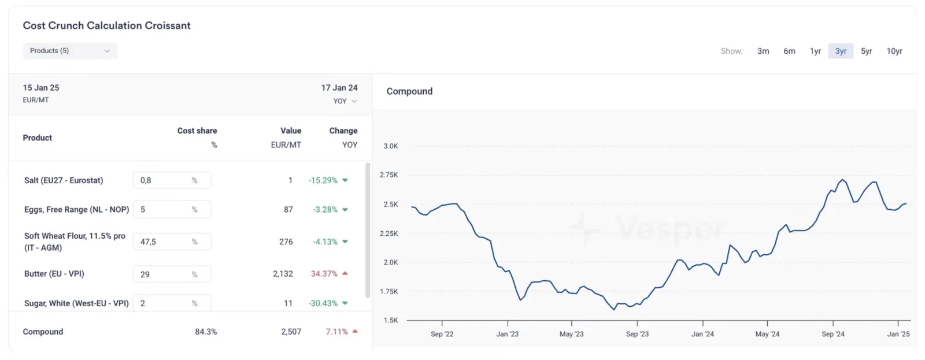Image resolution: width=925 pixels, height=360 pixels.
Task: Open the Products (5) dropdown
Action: tap(70, 51)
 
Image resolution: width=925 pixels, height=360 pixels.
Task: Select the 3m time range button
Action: tap(763, 51)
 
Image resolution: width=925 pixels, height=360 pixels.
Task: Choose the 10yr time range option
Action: tap(894, 51)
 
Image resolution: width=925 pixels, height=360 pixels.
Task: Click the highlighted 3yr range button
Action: tap(841, 51)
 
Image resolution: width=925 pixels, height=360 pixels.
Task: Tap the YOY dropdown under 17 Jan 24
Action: tap(345, 101)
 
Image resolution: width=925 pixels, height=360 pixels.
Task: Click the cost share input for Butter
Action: tap(172, 274)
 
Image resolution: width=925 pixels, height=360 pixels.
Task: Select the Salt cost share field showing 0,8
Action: tap(172, 180)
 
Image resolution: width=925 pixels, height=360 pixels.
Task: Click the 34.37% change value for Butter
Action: tap(324, 274)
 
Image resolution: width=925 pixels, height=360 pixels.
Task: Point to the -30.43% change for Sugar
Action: tap(323, 303)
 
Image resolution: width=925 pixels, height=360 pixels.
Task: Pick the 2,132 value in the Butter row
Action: tap(283, 274)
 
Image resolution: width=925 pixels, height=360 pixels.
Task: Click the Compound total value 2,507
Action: tap(291, 332)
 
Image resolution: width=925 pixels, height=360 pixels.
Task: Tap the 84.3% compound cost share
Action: tap(206, 332)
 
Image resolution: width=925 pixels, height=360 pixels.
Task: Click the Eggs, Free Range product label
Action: tap(76, 210)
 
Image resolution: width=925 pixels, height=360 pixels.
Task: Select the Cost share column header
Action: tap(197, 131)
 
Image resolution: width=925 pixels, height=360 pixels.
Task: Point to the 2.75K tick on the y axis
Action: tap(389, 175)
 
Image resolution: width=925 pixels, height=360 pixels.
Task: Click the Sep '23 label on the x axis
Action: tap(637, 334)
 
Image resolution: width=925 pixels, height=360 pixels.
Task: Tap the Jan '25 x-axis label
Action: tap(898, 334)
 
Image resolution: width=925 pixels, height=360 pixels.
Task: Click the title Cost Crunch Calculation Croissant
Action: tap(106, 25)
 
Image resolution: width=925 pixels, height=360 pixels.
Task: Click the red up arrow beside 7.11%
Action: tap(355, 331)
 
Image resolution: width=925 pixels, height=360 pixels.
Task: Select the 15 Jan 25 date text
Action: tap(41, 88)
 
